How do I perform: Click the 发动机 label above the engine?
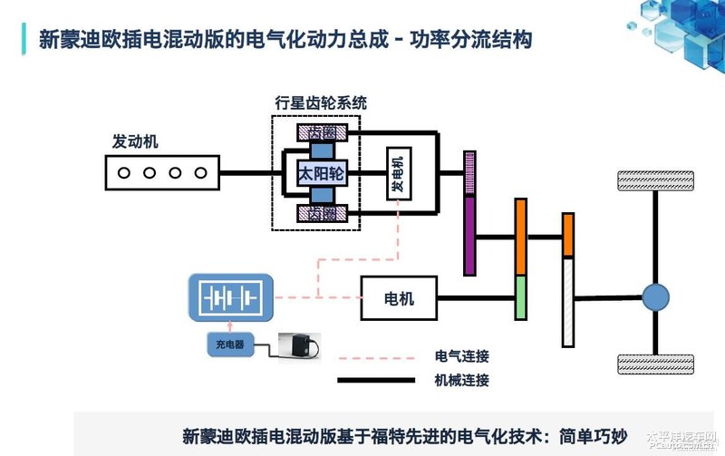[135, 142]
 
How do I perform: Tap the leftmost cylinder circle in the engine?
[124, 172]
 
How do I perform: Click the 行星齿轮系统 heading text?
[321, 102]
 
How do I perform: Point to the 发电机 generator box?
[398, 172]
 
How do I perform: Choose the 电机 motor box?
[399, 298]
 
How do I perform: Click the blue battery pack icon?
[229, 298]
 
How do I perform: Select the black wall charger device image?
[300, 345]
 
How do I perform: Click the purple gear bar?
[469, 236]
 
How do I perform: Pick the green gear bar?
[521, 297]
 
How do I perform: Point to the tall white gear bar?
[568, 301]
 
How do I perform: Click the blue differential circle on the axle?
[655, 296]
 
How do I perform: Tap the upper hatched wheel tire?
[656, 179]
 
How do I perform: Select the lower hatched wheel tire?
[656, 364]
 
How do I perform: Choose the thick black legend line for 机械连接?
[375, 381]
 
